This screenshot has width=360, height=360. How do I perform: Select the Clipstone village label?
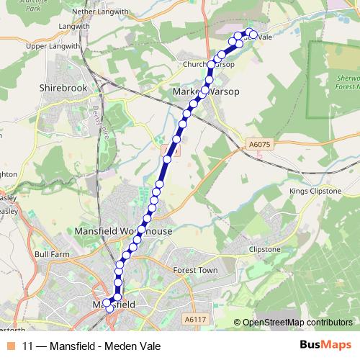[264, 249]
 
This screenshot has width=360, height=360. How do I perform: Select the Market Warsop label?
[206, 92]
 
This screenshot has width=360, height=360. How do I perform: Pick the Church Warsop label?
[210, 64]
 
